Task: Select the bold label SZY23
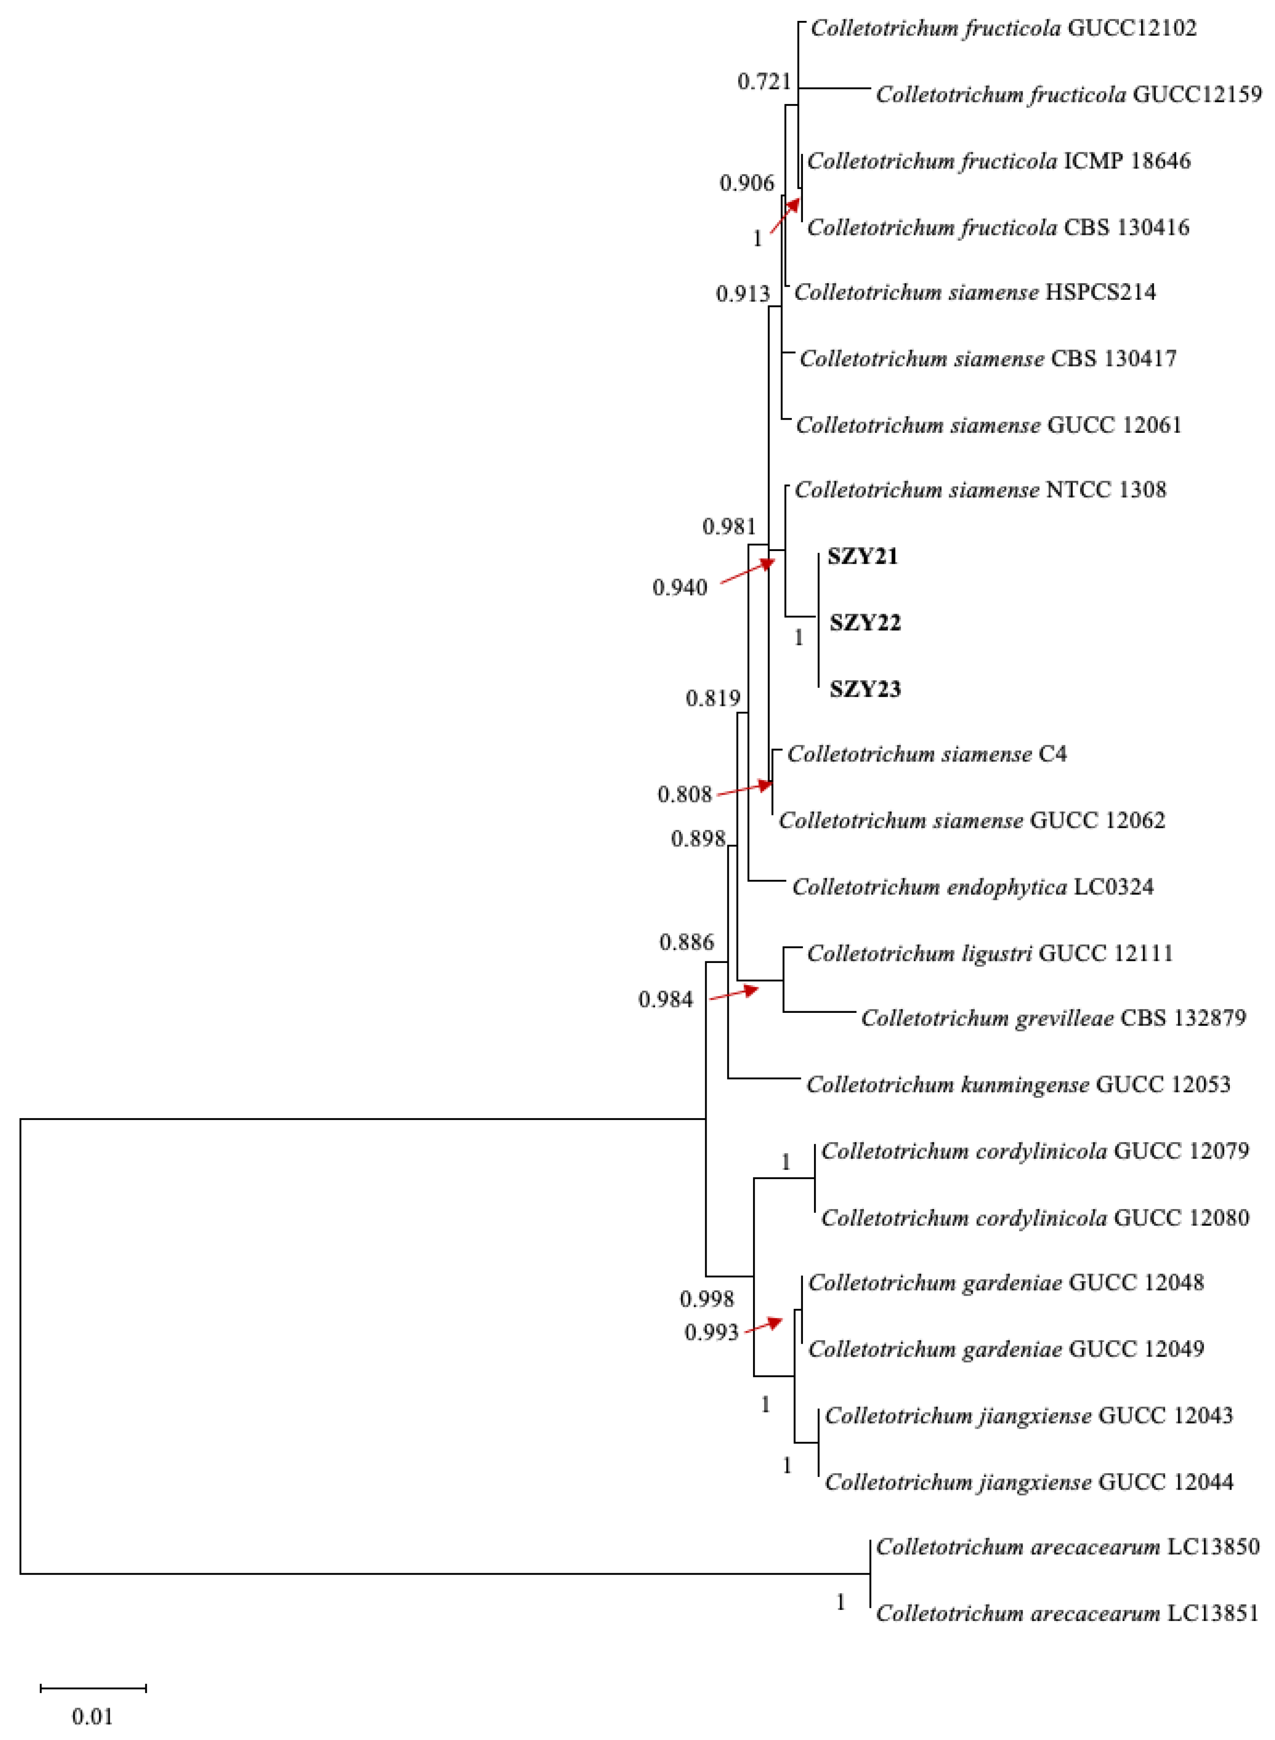pyautogui.click(x=864, y=689)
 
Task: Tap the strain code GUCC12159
pyautogui.click(x=1197, y=94)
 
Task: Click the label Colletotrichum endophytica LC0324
pyautogui.click(x=973, y=887)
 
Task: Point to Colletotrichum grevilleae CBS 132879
pyautogui.click(x=1053, y=1018)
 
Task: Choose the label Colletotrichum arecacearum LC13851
pyautogui.click(x=1066, y=1613)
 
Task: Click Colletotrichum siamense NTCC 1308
pyautogui.click(x=980, y=490)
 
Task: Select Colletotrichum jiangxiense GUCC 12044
pyautogui.click(x=1028, y=1482)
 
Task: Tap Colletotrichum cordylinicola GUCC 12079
pyautogui.click(x=1034, y=1151)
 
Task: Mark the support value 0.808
pyautogui.click(x=684, y=795)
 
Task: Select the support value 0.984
pyautogui.click(x=665, y=1000)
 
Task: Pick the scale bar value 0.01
pyautogui.click(x=93, y=1717)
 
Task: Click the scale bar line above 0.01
pyautogui.click(x=93, y=1688)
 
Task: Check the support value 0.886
pyautogui.click(x=686, y=942)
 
